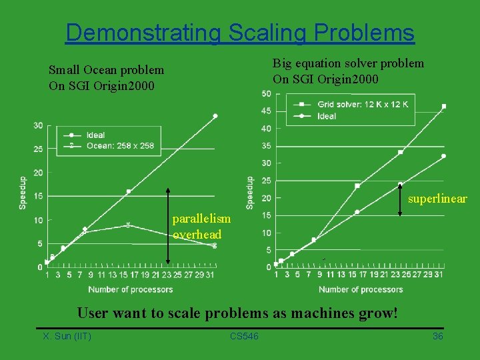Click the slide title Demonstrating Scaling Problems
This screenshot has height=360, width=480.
click(240, 32)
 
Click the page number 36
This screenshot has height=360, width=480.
click(438, 336)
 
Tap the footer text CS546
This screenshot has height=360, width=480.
click(244, 336)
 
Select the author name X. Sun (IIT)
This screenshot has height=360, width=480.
click(67, 336)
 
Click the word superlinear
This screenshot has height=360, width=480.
click(437, 199)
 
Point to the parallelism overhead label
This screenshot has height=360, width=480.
click(201, 227)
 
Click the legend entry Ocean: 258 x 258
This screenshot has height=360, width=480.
click(120, 145)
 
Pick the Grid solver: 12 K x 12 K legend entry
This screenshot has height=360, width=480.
click(363, 105)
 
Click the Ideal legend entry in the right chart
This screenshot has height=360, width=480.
click(327, 116)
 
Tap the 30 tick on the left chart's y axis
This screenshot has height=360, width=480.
click(38, 126)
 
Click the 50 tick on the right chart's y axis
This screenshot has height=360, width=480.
click(266, 93)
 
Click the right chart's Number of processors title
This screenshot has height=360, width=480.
click(361, 289)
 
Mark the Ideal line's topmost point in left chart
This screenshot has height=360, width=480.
click(215, 116)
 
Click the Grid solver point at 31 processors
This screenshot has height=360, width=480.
click(444, 106)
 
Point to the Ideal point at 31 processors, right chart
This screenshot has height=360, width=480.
click(443, 156)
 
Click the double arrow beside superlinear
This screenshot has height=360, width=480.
click(399, 199)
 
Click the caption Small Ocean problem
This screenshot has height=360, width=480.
click(106, 69)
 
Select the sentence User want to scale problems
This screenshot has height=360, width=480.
click(237, 312)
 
